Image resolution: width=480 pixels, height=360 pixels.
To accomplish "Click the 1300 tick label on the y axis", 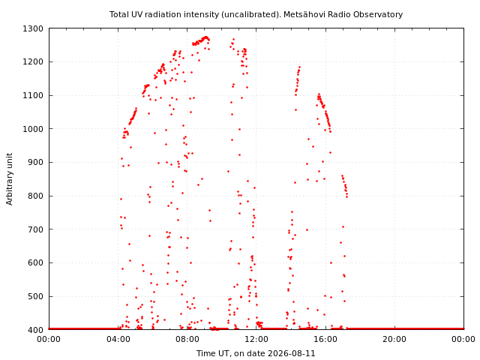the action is tap(33, 28).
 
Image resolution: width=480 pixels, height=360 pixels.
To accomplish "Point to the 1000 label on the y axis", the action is tap(33, 129).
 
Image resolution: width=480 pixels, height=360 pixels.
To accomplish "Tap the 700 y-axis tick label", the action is tap(35, 229).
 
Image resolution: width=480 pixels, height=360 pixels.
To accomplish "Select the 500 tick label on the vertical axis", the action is tap(35, 296).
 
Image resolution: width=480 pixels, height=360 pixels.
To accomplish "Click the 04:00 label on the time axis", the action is tap(118, 339).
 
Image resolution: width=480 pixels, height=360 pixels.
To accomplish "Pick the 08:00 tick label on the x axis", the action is tap(187, 339).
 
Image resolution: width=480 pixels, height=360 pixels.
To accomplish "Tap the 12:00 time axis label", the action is tap(256, 339).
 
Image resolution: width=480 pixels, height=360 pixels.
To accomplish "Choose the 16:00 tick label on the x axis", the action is tap(325, 339).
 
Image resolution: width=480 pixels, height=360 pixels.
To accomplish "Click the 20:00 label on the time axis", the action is tap(395, 339).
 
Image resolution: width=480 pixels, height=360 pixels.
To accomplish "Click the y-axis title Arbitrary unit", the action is tap(9, 179).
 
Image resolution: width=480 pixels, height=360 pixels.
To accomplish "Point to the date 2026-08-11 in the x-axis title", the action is tap(292, 353).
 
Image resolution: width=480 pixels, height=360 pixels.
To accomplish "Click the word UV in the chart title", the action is tap(138, 14).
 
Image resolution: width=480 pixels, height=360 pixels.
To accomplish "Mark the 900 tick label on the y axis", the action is tap(35, 162).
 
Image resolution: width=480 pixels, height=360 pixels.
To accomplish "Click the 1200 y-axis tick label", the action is tap(33, 61).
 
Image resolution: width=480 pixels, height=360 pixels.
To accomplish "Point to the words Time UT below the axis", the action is tap(212, 353).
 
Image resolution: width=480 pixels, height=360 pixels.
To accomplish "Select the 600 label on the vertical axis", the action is tap(35, 262).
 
